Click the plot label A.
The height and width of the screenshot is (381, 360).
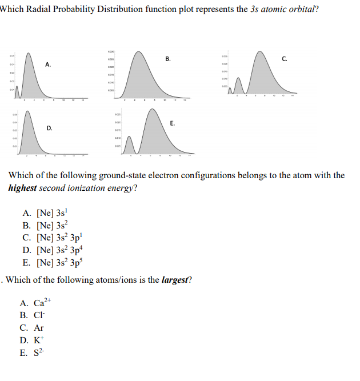click(49, 65)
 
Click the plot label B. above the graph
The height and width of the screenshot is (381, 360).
click(167, 58)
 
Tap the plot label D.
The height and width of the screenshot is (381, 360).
click(50, 129)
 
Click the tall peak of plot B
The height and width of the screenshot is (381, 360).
click(139, 54)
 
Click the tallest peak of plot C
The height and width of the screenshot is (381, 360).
click(261, 54)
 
